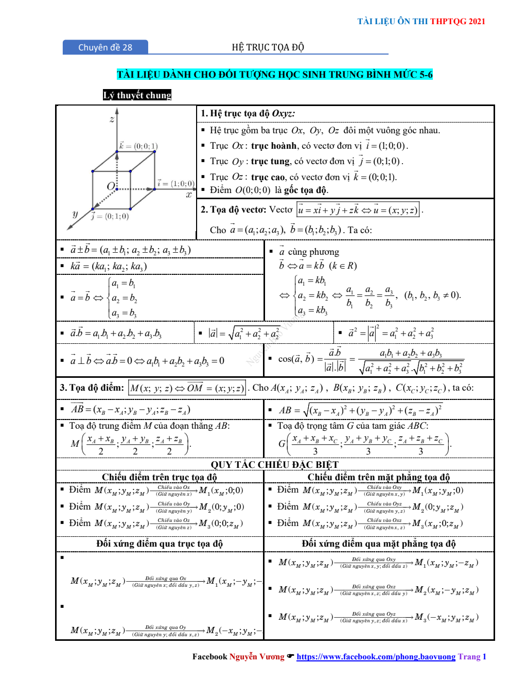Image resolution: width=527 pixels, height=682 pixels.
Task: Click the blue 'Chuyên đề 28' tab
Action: pyautogui.click(x=105, y=47)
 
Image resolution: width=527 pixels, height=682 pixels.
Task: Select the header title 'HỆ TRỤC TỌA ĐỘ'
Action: pyautogui.click(x=268, y=47)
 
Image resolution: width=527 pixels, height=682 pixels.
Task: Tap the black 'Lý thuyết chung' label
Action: pyautogui.click(x=137, y=95)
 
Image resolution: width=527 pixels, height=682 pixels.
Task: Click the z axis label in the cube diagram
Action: pyautogui.click(x=112, y=119)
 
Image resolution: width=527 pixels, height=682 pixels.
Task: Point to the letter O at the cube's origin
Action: pyautogui.click(x=111, y=186)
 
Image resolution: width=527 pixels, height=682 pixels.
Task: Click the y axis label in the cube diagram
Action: pyautogui.click(x=75, y=214)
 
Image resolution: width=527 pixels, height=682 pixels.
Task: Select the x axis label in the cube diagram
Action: pyautogui.click(x=189, y=195)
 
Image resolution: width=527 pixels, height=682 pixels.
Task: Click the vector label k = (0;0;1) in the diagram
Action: pyautogui.click(x=138, y=146)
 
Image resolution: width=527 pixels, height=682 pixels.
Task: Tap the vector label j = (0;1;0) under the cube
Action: pyautogui.click(x=110, y=216)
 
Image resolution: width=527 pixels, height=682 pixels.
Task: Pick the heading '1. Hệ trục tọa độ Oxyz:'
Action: pyautogui.click(x=248, y=114)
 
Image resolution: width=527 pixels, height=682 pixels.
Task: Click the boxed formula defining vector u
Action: pyautogui.click(x=358, y=210)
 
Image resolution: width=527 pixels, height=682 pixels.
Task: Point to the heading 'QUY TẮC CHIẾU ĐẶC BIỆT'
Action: pyautogui.click(x=274, y=464)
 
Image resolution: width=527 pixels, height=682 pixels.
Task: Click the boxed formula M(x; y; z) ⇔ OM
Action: pyautogui.click(x=187, y=388)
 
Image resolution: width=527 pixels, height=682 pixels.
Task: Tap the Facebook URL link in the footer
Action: pyautogui.click(x=376, y=657)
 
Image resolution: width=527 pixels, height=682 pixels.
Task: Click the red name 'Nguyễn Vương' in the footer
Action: pyautogui.click(x=256, y=657)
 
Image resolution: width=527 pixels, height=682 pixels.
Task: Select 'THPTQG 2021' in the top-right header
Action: pyautogui.click(x=458, y=21)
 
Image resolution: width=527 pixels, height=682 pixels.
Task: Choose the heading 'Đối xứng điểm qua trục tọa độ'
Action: pyautogui.click(x=160, y=544)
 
